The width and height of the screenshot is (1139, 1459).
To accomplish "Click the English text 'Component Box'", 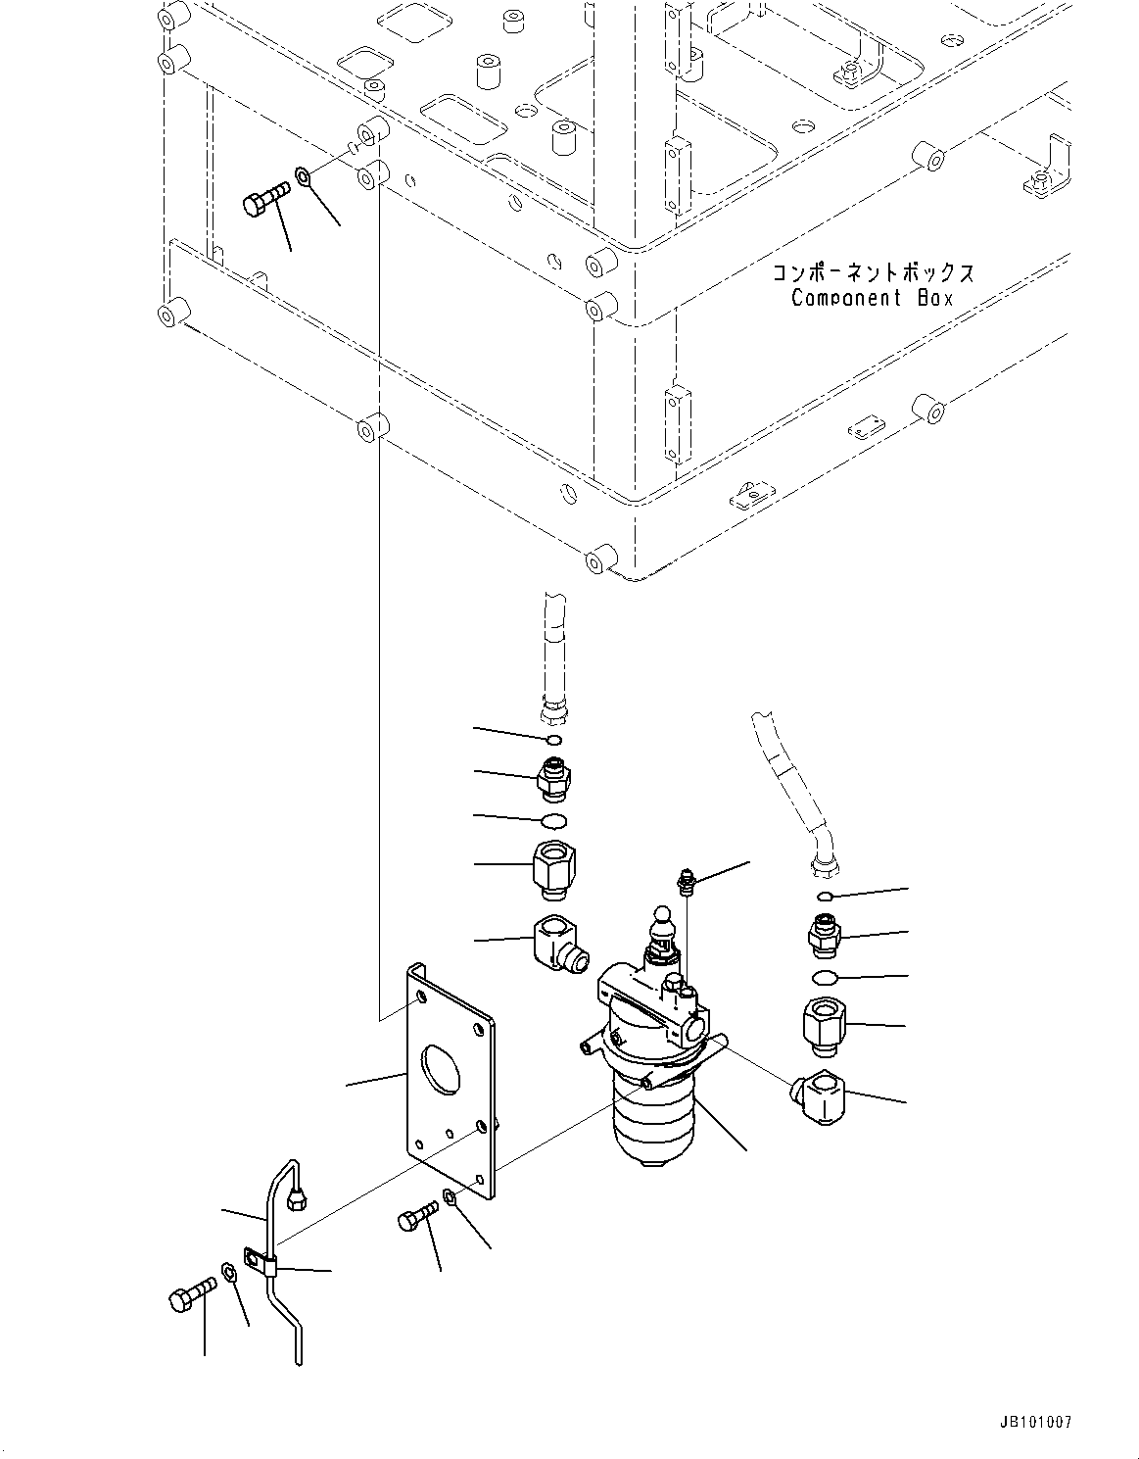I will [x=872, y=299].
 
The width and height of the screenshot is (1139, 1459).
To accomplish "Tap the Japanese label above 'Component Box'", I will [x=873, y=273].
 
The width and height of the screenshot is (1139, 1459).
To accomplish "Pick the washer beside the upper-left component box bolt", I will [x=304, y=178].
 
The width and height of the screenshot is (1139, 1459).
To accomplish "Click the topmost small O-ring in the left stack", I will [x=553, y=739].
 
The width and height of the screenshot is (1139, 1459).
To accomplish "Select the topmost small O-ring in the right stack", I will [x=826, y=896].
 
